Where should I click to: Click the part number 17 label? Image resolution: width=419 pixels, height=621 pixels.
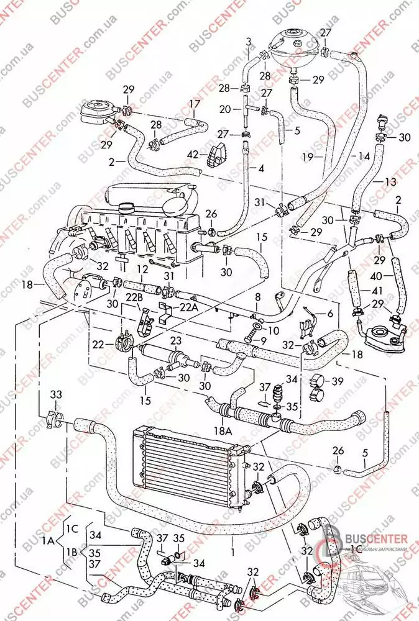point(195,104)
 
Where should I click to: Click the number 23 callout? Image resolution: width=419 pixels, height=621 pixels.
point(176,340)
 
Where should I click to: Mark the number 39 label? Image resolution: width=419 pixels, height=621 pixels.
point(338,380)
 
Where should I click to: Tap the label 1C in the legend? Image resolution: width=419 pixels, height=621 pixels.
point(73,529)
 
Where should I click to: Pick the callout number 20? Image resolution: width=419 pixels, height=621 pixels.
point(225,109)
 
